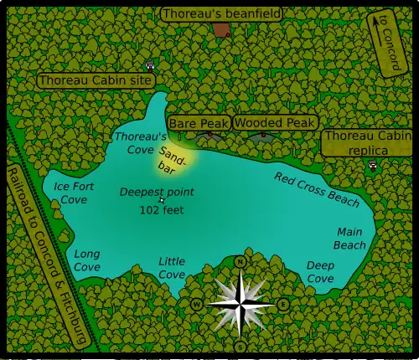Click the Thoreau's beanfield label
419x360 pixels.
(221, 13)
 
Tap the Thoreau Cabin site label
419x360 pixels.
(96, 80)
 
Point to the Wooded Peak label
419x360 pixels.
(275, 122)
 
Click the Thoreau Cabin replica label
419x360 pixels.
(368, 142)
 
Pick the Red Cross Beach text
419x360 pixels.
(317, 189)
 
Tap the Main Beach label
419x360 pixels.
(350, 238)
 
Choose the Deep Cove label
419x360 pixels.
(320, 271)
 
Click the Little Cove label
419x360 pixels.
(172, 268)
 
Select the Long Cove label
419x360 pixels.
(87, 260)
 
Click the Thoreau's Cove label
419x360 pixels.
(134, 142)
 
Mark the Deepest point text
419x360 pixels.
(157, 192)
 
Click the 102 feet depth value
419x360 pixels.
(162, 209)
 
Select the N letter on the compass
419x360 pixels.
(241, 262)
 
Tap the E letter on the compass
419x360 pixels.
(283, 304)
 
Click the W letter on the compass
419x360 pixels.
(197, 304)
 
